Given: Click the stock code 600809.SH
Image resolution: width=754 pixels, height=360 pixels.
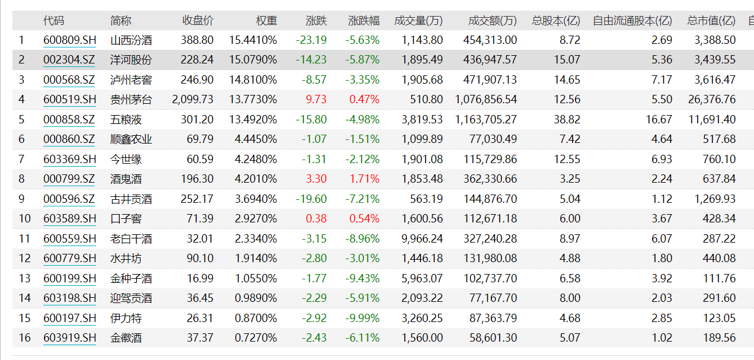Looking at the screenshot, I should coord(69,40).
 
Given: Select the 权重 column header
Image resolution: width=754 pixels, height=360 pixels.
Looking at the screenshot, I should coord(266,21).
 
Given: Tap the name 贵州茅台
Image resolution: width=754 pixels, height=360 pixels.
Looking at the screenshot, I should coord(131,100).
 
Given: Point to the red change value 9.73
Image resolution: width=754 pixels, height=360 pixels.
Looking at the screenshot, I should coord(316,100).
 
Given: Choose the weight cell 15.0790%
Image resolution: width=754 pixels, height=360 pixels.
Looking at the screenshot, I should coord(253,60).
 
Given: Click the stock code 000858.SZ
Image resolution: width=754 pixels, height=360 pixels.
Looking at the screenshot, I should coord(69,120).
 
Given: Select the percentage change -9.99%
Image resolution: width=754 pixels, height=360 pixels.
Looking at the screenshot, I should coord(362,318).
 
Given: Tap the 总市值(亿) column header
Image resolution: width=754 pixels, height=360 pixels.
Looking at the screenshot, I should coord(711,21).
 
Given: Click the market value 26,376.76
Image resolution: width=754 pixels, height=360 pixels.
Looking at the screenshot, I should coord(712,100).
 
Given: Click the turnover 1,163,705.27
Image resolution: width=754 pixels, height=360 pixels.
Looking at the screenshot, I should coord(486,120).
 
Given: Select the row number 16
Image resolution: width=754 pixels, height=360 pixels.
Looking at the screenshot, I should coord(24,338).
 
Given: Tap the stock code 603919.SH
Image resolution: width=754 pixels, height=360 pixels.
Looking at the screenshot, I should coord(69,338).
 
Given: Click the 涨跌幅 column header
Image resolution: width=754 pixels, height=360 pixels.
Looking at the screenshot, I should coord(364,21).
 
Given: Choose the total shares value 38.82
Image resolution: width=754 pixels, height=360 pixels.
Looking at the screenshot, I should coord(567,120).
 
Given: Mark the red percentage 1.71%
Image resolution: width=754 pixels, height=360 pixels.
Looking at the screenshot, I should coord(364,179).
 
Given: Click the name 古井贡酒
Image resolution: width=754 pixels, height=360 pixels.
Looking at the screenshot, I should coord(131,199).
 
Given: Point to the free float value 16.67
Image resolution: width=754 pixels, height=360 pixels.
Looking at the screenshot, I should coord(659,120).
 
